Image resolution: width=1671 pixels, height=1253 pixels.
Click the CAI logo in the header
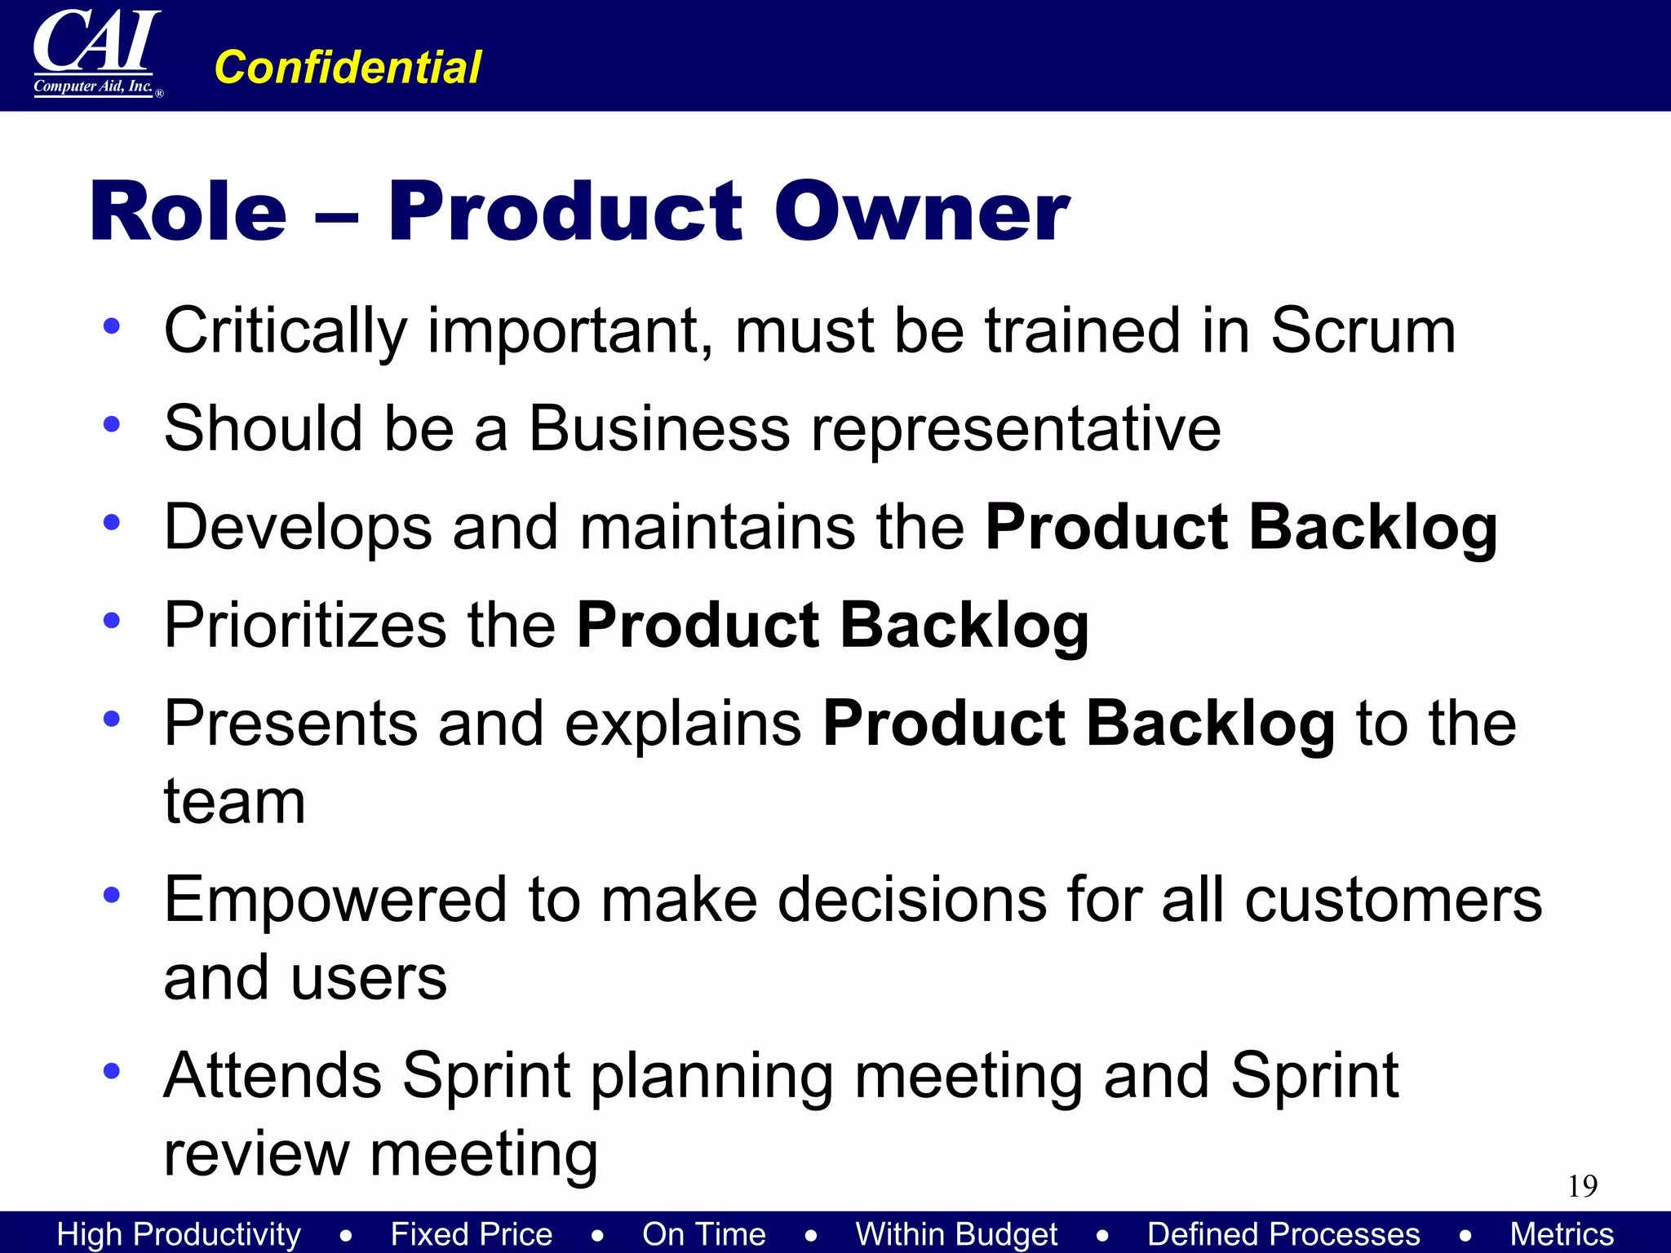96,53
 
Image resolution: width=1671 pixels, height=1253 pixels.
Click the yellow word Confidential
347,67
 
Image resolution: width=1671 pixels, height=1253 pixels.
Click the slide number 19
1582,1186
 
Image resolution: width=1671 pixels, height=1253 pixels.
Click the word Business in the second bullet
658,429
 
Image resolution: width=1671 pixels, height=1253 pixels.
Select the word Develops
297,528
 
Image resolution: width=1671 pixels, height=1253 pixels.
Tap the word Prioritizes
305,626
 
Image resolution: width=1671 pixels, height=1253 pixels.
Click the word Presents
290,724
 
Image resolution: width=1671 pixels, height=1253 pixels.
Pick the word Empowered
335,900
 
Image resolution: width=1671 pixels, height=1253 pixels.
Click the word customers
1393,900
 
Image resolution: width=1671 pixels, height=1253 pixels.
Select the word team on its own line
234,802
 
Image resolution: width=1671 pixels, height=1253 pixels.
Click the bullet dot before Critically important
112,326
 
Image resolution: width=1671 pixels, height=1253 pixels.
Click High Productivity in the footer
179,1234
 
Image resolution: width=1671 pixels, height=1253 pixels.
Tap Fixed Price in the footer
471,1234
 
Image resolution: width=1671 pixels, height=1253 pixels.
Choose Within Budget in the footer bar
955,1234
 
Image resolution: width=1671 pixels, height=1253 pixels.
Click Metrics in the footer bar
1561,1234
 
